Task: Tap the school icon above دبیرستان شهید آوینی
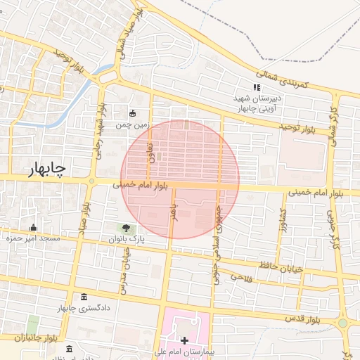click(x=257, y=87)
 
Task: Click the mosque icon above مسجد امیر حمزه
click(x=33, y=227)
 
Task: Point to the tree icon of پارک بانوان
click(x=126, y=228)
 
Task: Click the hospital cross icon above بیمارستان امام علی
click(x=185, y=340)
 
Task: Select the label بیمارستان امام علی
click(x=184, y=351)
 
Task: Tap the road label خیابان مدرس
click(x=126, y=271)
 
